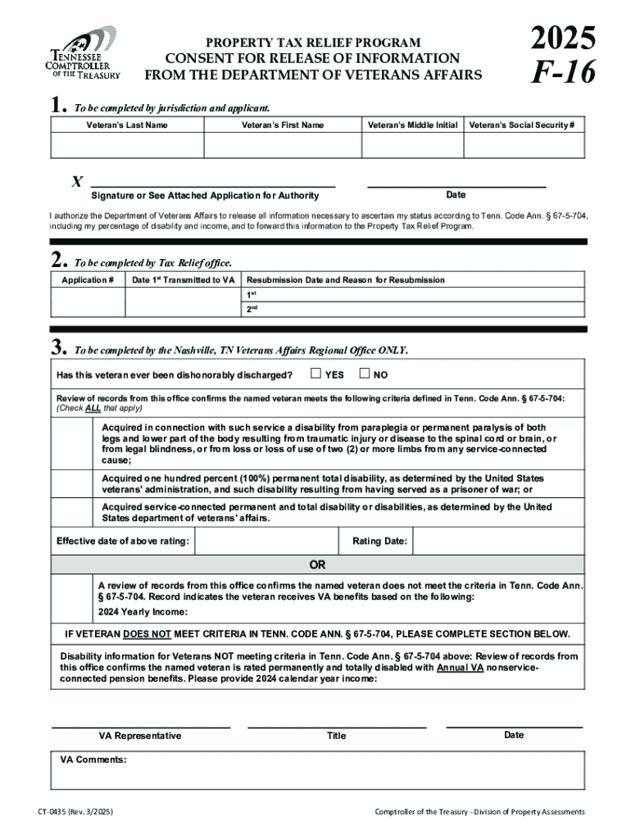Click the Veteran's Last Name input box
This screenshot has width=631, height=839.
click(127, 145)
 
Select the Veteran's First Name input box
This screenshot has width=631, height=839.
click(283, 145)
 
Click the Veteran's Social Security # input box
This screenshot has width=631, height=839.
click(524, 145)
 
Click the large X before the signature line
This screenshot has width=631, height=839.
click(77, 182)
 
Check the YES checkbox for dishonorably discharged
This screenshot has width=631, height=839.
click(315, 374)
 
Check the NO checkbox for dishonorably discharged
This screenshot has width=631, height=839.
click(365, 374)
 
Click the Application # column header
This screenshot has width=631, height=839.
click(88, 280)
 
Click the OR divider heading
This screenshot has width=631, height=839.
click(317, 565)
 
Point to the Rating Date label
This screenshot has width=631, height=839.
click(379, 541)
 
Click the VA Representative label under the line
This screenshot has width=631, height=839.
click(140, 736)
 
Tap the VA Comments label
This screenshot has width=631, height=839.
click(93, 760)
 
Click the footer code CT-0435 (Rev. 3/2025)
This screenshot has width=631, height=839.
click(75, 812)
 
